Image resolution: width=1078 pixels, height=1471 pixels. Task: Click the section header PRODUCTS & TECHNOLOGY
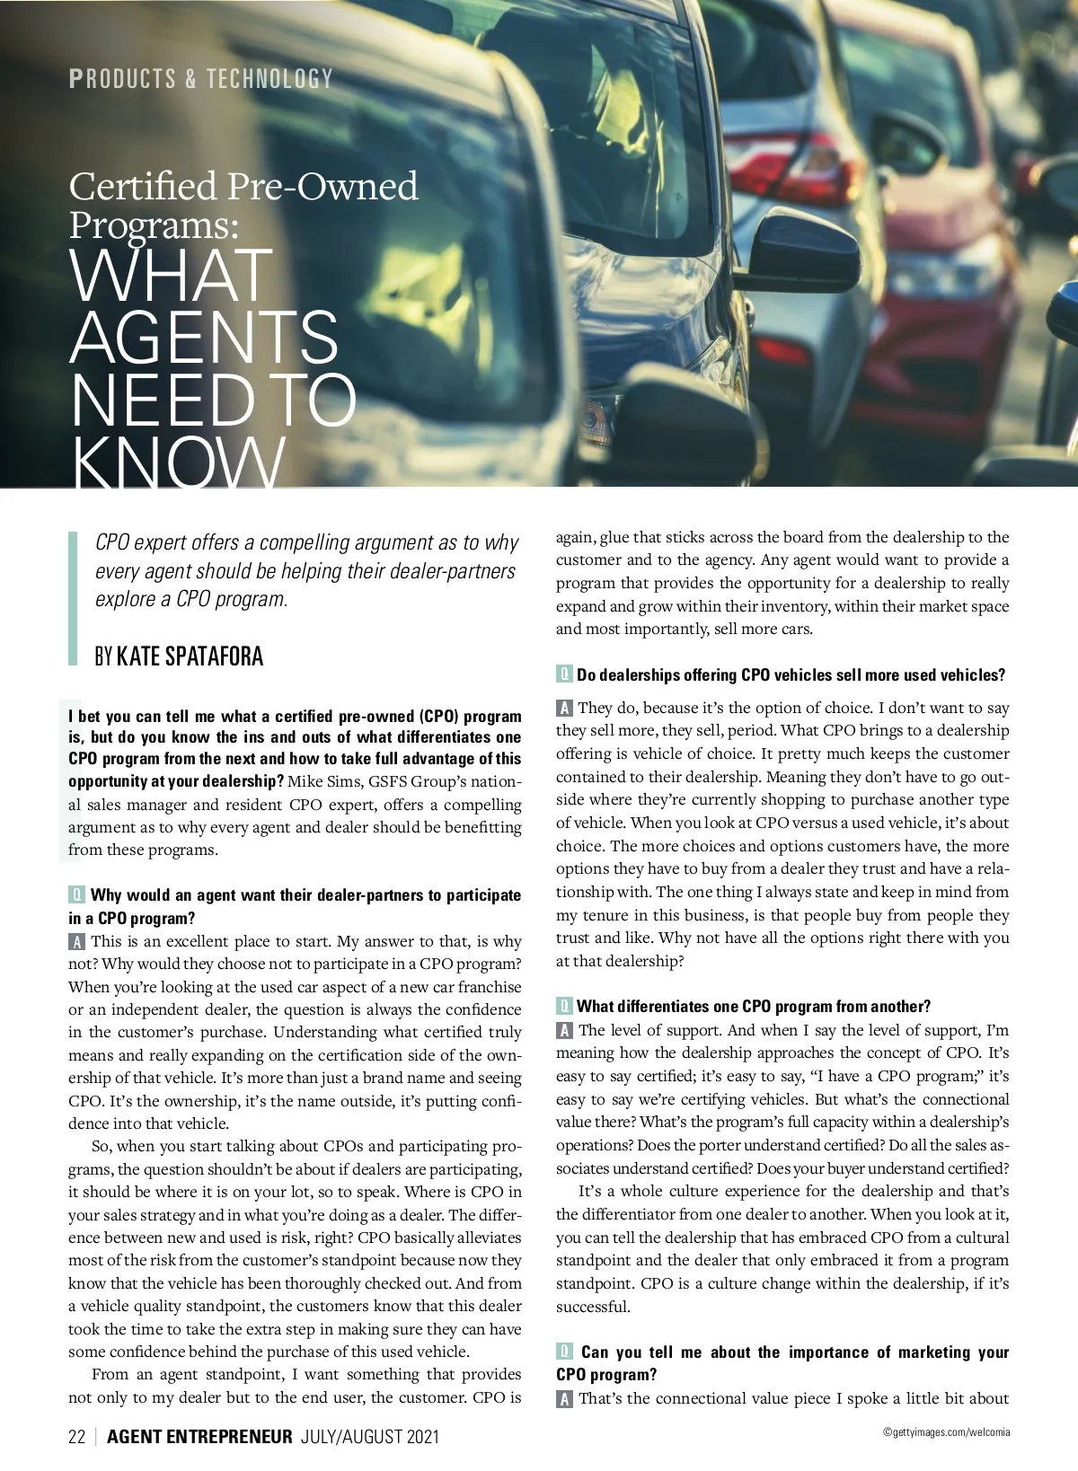201,79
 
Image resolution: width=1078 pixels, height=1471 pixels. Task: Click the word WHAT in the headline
171,276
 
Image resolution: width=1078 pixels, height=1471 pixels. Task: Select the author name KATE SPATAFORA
190,656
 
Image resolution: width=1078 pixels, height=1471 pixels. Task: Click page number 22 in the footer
76,1437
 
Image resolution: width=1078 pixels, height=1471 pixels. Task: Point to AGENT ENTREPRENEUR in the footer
199,1437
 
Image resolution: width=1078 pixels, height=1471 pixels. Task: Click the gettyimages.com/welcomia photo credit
946,1433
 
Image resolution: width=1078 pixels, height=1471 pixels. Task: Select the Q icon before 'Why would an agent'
76,894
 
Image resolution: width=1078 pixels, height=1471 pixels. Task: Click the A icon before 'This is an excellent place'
76,941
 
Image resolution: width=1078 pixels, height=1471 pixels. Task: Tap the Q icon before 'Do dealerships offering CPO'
564,674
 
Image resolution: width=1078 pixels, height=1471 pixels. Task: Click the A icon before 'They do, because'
564,708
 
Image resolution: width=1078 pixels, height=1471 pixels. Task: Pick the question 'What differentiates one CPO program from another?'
753,1007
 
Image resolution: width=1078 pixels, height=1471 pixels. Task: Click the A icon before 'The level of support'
564,1030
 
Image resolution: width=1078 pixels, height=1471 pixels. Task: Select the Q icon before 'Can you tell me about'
564,1352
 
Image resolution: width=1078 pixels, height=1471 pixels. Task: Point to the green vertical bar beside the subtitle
74,597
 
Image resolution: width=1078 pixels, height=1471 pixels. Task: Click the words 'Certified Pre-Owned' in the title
243,186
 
